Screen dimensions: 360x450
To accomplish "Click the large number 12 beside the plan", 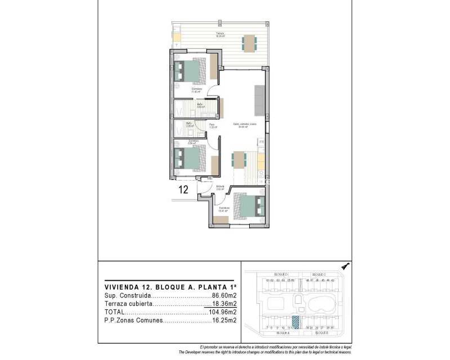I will coord(183,190).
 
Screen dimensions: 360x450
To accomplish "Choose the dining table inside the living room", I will coord(238,160).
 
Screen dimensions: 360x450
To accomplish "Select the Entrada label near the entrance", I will coord(220,187).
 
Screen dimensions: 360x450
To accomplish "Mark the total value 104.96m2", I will coord(221,312).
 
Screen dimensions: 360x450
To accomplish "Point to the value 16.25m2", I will coord(223,321).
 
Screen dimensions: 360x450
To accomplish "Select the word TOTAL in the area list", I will coord(115,312).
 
